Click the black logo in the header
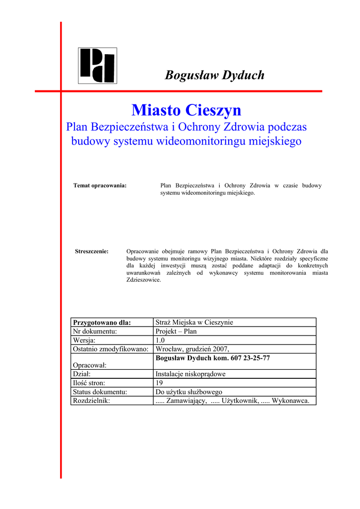[97, 65]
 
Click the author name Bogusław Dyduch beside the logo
[214, 76]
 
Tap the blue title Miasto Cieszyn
[186, 109]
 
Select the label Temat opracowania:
[100, 185]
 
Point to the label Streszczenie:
[91, 252]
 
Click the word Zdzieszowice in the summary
[143, 280]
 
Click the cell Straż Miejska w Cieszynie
[194, 323]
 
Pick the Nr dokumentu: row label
[95, 331]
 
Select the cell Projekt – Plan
[176, 331]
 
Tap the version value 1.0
[160, 340]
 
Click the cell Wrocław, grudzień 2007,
[192, 349]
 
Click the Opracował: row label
[90, 365]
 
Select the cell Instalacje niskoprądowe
[190, 374]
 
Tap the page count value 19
[160, 383]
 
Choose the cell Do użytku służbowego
[189, 392]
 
